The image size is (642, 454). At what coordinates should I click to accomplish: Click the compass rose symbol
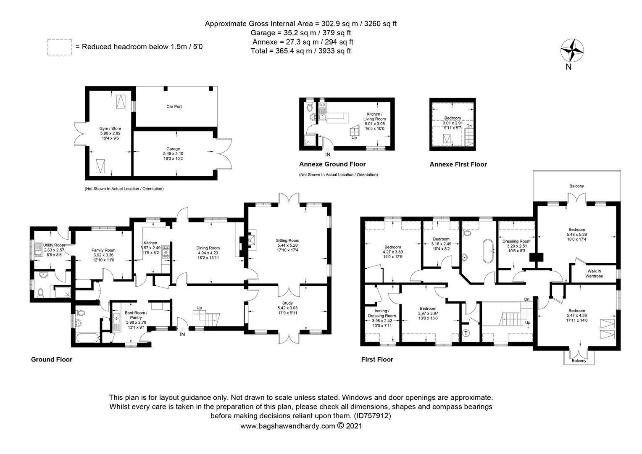click(x=572, y=51)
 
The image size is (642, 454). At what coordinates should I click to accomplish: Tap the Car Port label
click(x=174, y=106)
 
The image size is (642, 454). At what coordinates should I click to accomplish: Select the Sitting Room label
click(x=287, y=240)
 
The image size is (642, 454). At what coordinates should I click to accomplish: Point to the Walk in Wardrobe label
click(x=594, y=273)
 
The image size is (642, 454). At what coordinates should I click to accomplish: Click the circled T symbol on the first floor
click(x=466, y=333)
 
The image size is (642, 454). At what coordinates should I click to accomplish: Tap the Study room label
click(x=287, y=303)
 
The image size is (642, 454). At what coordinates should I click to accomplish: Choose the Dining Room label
click(x=208, y=248)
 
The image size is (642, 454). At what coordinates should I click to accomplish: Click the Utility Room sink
click(x=38, y=250)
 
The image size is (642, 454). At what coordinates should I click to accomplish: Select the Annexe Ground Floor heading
click(x=332, y=164)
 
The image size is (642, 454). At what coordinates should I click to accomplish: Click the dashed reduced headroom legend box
click(x=59, y=47)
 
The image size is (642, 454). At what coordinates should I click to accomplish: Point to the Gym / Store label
click(x=110, y=129)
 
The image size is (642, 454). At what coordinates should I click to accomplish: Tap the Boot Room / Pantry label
click(x=136, y=315)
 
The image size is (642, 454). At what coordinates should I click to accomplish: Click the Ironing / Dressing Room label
click(x=382, y=313)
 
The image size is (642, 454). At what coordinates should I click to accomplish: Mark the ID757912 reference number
click(x=372, y=416)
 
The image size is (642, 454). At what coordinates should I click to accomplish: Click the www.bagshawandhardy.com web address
click(x=287, y=426)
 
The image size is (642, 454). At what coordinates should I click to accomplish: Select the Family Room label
click(x=103, y=250)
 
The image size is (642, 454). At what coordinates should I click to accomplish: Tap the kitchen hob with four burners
click(x=166, y=252)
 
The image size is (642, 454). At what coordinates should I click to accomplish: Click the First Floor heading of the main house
click(x=377, y=359)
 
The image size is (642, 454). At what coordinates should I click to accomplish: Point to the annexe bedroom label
click(x=452, y=118)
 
